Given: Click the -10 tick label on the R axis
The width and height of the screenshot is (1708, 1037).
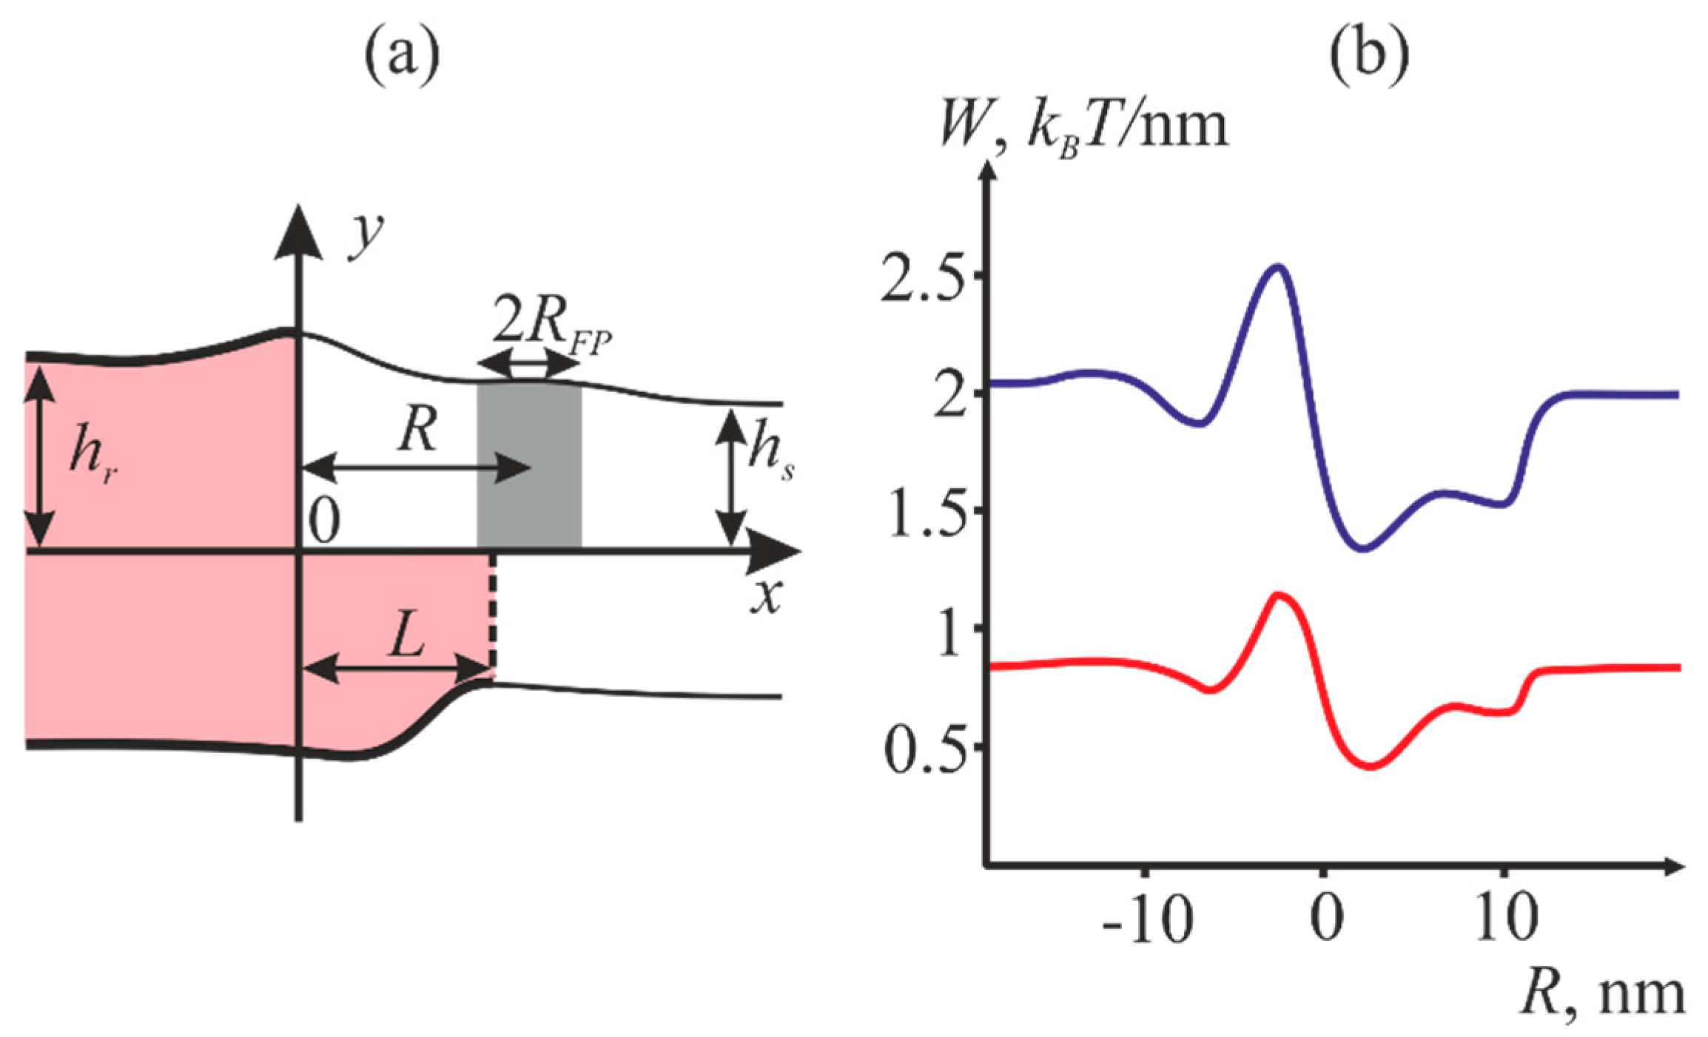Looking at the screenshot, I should (1146, 919).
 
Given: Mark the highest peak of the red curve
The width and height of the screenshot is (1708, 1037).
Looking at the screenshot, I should (1278, 594).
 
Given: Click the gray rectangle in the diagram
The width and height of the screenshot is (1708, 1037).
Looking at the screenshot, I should (529, 465).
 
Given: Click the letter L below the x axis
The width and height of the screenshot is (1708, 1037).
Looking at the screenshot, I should (406, 635).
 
